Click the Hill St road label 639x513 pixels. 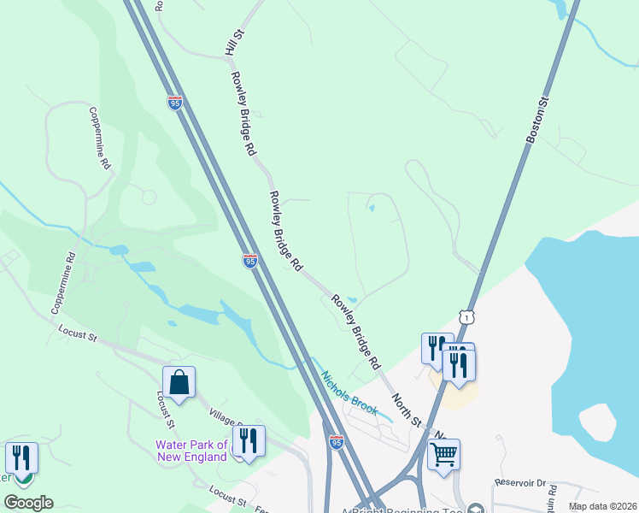click(x=233, y=42)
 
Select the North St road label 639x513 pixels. click(x=407, y=410)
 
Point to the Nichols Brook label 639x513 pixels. click(x=349, y=392)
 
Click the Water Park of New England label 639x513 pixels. click(x=191, y=450)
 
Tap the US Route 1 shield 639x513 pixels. click(x=466, y=317)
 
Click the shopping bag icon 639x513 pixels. click(x=179, y=382)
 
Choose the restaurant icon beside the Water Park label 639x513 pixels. click(x=249, y=441)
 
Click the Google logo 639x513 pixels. click(x=28, y=503)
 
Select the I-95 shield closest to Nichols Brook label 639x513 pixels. click(x=337, y=441)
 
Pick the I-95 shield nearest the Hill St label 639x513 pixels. click(x=174, y=103)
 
